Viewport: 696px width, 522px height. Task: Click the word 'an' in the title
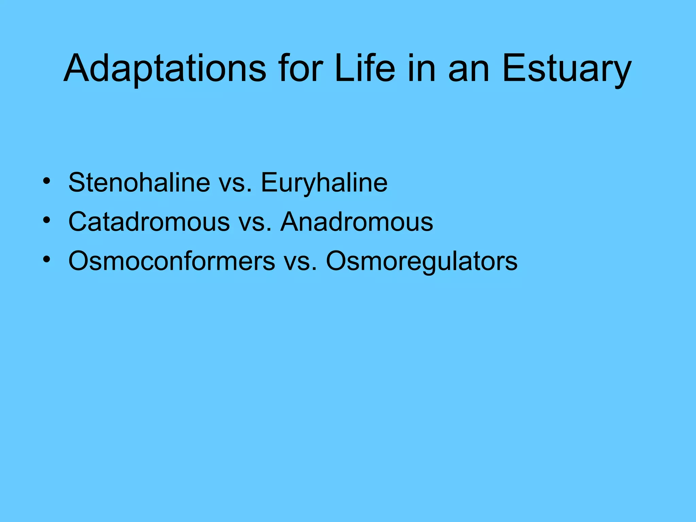[x=469, y=70]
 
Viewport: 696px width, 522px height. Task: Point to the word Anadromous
[x=357, y=222]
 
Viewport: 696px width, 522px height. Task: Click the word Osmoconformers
[x=172, y=261]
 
